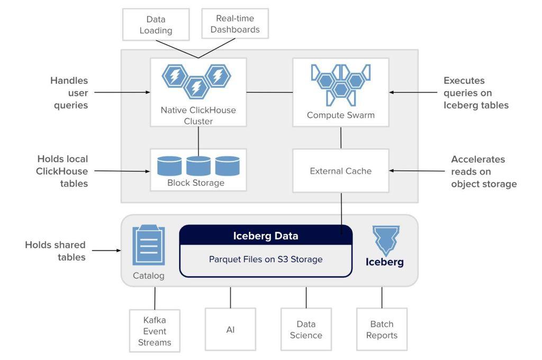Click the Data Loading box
click(156, 24)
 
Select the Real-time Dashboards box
click(235, 23)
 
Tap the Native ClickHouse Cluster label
click(198, 115)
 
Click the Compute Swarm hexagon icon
click(341, 85)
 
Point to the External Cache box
click(341, 171)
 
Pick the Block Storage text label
click(196, 183)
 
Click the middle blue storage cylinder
click(198, 166)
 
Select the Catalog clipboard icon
click(149, 245)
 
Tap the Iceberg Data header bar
click(266, 236)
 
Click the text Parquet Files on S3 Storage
click(266, 259)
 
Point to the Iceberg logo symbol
click(386, 241)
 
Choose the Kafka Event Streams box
click(155, 331)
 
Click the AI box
click(231, 330)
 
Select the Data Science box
click(306, 330)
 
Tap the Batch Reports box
click(382, 330)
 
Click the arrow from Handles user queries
click(122, 92)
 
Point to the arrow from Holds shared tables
click(106, 250)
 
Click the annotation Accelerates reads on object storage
click(484, 172)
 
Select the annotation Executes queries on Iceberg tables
click(476, 93)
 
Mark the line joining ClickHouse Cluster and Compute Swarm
click(269, 92)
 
